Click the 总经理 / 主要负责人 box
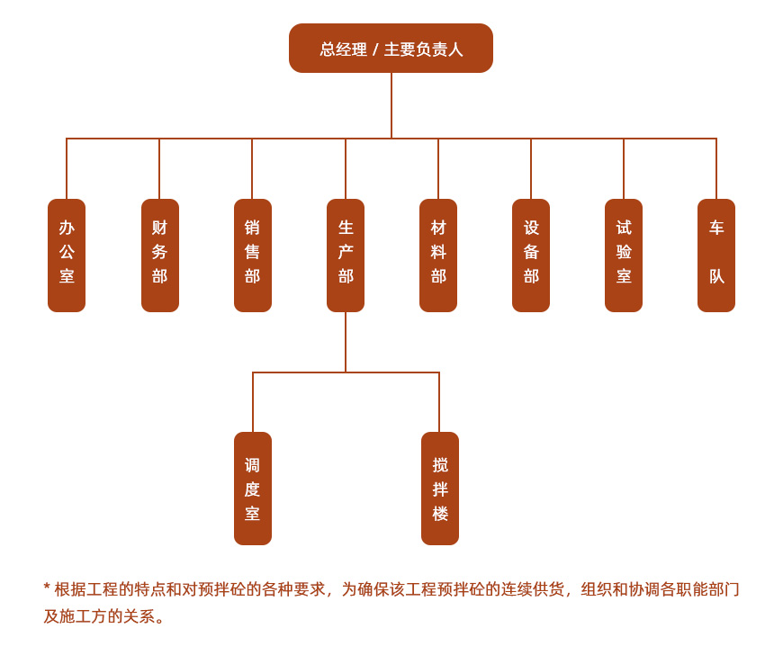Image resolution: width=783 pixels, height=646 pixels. pyautogui.click(x=391, y=49)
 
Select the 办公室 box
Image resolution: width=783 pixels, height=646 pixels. pyautogui.click(x=67, y=256)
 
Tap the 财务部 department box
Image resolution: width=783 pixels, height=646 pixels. pyautogui.click(x=159, y=256)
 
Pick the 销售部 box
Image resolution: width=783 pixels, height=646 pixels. pyautogui.click(x=252, y=256)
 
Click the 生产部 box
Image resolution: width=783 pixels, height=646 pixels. pyautogui.click(x=346, y=256)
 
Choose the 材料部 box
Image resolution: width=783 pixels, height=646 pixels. pyautogui.click(x=438, y=256)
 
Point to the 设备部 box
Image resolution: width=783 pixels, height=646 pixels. pyautogui.click(x=531, y=256)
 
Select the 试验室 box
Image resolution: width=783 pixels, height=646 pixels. pyautogui.click(x=624, y=256)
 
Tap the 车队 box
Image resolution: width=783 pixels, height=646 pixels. pyautogui.click(x=716, y=256)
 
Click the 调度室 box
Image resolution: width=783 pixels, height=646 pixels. pyautogui.click(x=253, y=489)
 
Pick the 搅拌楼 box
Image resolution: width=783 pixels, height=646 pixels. pyautogui.click(x=440, y=489)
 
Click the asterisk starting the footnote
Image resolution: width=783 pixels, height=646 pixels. pyautogui.click(x=47, y=588)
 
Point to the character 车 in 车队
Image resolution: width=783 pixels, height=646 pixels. pyautogui.click(x=716, y=228)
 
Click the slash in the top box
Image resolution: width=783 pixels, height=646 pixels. pyautogui.click(x=375, y=49)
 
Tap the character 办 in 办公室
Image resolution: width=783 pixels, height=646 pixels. pyautogui.click(x=67, y=228)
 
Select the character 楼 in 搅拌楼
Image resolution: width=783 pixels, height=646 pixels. pyautogui.click(x=440, y=514)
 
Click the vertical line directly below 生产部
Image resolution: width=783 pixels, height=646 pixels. pyautogui.click(x=346, y=342)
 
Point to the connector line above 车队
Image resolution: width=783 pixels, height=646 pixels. pyautogui.click(x=716, y=169)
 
